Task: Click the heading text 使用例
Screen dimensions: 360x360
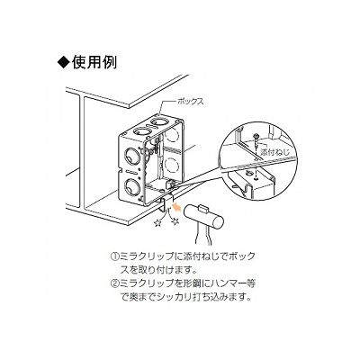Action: tap(94, 62)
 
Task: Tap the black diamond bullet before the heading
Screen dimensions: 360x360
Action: tap(64, 63)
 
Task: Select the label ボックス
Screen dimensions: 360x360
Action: tap(191, 102)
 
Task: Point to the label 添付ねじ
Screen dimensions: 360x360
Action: tap(274, 152)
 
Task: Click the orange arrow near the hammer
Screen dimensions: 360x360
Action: tap(177, 207)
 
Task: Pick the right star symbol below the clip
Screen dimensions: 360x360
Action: tap(175, 222)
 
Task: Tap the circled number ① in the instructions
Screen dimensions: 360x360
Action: tap(114, 257)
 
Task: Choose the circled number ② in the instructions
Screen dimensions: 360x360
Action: tap(114, 283)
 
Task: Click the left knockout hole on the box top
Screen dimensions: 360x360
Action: tap(140, 131)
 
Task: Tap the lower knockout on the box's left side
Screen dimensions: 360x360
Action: tap(130, 187)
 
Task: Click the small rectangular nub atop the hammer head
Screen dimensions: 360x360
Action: tap(204, 206)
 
